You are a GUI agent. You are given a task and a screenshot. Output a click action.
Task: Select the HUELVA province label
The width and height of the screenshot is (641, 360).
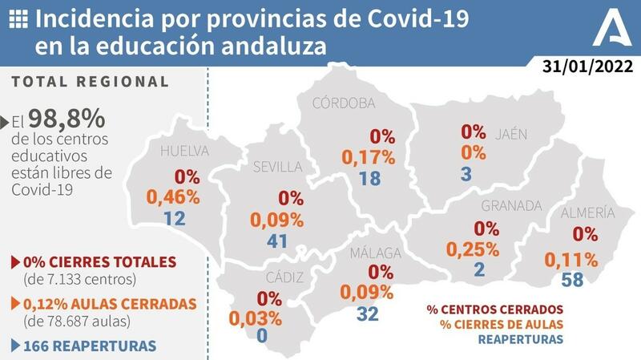[x=184, y=151]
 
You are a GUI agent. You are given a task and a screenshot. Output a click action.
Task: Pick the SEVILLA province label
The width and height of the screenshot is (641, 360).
[x=277, y=167]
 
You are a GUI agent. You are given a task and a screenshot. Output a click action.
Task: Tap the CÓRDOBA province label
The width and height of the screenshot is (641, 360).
[x=344, y=103]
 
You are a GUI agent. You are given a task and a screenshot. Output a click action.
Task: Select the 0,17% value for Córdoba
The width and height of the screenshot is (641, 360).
[x=369, y=157]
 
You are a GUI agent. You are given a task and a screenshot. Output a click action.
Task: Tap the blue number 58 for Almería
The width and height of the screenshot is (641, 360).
[x=573, y=280]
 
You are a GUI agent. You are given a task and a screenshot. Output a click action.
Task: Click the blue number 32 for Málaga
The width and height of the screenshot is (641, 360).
[x=367, y=313]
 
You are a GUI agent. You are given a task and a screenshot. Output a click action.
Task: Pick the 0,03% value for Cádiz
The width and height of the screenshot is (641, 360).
[x=256, y=318]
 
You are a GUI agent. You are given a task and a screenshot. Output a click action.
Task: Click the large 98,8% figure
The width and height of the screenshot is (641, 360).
[x=67, y=119]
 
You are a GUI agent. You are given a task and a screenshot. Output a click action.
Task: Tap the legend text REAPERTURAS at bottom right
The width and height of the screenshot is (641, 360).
[x=521, y=339]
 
